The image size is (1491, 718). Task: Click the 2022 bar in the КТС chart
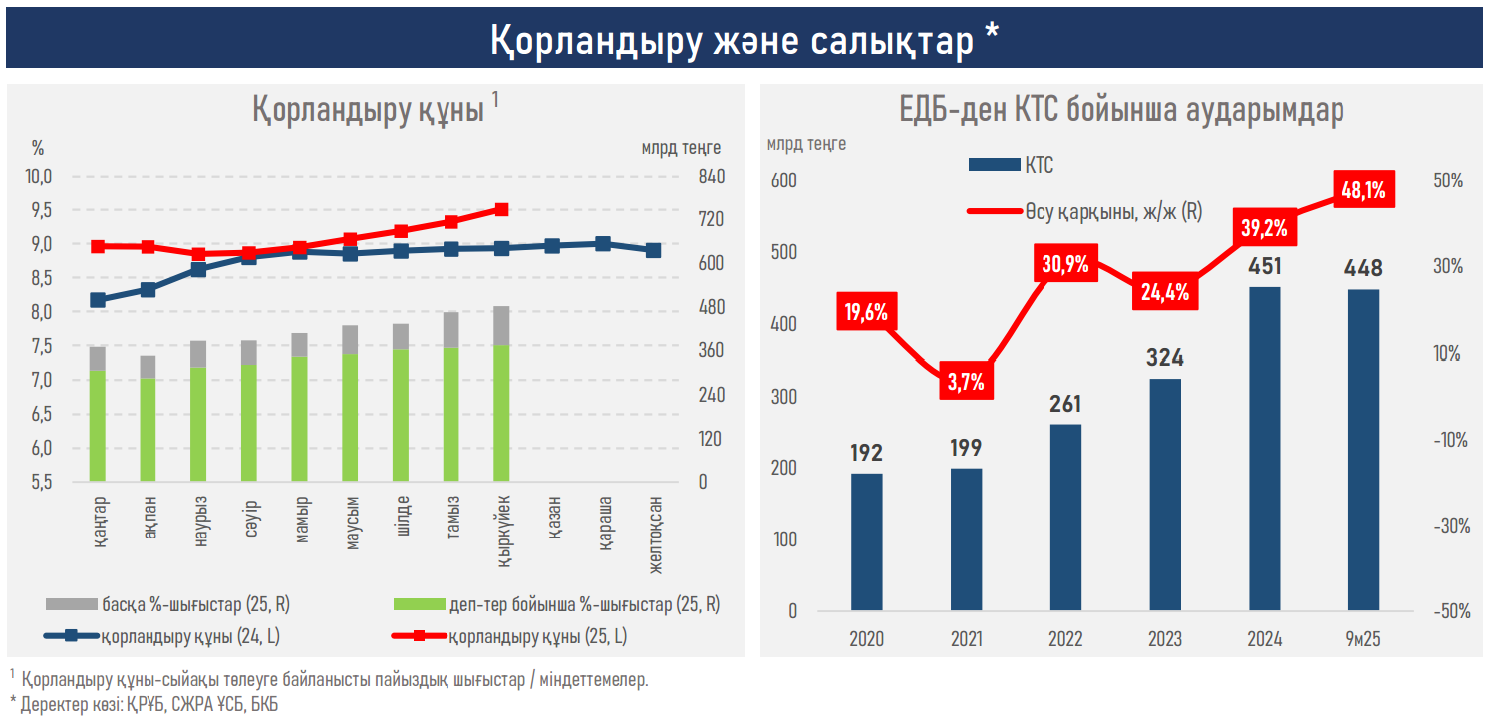1065,517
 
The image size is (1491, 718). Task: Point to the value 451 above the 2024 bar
1264,266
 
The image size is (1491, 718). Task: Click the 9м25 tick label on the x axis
1363,639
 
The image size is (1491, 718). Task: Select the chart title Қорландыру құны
368,110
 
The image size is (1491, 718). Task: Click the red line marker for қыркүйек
501,209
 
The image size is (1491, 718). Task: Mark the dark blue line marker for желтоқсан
653,250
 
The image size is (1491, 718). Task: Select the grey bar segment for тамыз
450,330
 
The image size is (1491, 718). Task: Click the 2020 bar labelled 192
866,541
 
